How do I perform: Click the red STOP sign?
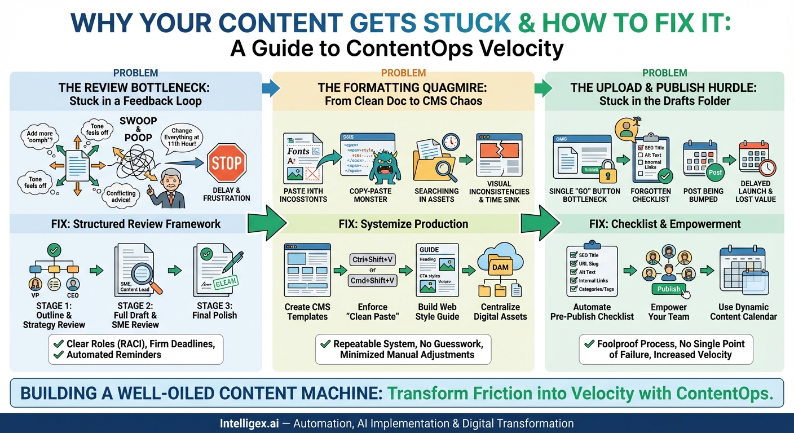click(227, 164)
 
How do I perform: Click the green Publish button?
click(669, 289)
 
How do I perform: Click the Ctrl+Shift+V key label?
click(372, 260)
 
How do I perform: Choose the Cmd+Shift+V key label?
click(372, 280)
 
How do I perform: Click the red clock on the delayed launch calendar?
click(767, 167)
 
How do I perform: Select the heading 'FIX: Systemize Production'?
click(403, 224)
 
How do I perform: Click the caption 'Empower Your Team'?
click(669, 312)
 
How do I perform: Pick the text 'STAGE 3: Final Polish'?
click(214, 311)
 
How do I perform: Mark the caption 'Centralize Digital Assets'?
click(500, 312)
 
